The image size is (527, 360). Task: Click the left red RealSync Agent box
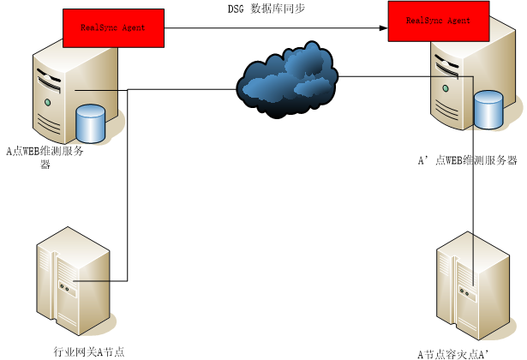113,28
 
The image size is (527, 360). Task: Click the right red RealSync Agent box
438,21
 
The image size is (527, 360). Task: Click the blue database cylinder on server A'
488,110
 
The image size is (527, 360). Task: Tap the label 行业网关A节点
88,351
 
